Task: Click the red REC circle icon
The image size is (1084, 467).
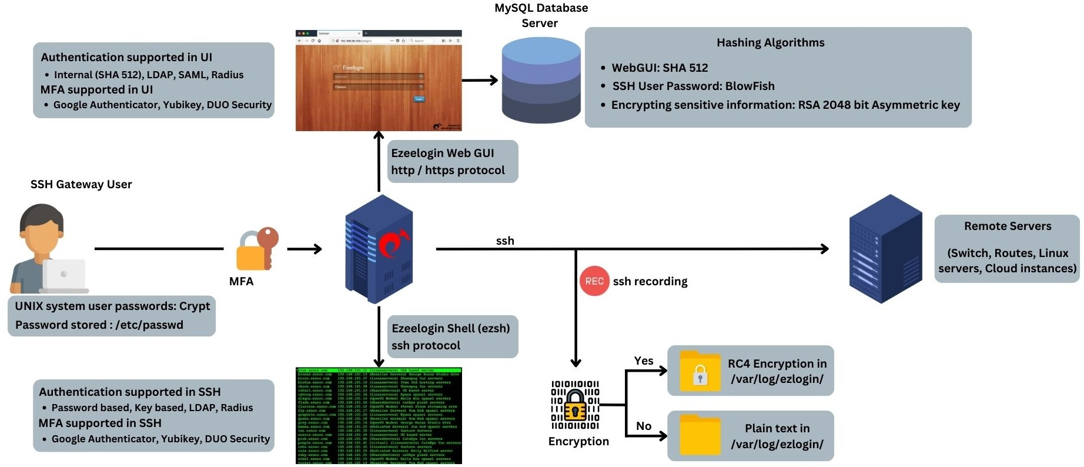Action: click(594, 281)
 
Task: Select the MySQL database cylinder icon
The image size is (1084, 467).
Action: click(541, 80)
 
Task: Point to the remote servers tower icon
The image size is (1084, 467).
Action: click(885, 249)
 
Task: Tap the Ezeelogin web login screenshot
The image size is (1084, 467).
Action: click(379, 81)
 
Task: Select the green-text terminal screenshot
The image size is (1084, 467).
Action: click(379, 416)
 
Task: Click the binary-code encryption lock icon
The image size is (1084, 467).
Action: click(575, 405)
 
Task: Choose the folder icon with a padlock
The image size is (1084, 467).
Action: click(700, 371)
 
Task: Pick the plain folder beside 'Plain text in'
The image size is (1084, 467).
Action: click(700, 435)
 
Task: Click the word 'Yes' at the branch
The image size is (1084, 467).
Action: click(644, 361)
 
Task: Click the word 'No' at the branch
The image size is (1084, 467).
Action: click(644, 426)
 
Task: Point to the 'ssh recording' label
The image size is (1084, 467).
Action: click(650, 281)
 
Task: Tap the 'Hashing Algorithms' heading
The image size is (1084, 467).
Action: click(770, 42)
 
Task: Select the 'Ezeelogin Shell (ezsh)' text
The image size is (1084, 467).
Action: click(450, 328)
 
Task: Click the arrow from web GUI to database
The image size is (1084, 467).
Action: click(480, 81)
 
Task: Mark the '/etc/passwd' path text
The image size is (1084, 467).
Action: click(149, 325)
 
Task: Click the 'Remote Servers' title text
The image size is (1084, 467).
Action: click(1007, 226)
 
